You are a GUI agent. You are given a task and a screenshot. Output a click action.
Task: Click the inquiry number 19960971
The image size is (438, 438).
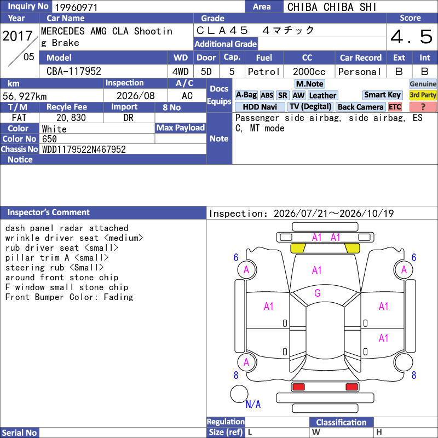tap(76, 7)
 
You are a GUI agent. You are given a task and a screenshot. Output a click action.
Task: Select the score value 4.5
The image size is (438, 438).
tap(412, 37)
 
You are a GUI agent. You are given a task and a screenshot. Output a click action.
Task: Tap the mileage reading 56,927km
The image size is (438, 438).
tap(25, 96)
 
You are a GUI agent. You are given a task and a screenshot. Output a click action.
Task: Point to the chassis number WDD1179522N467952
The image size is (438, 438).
tap(84, 149)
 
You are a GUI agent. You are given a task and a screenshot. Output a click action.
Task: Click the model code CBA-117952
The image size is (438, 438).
tap(74, 71)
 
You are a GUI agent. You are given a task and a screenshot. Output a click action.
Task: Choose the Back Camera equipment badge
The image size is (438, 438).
tap(360, 107)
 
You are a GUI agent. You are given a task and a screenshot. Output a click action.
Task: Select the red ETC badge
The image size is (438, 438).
tap(395, 107)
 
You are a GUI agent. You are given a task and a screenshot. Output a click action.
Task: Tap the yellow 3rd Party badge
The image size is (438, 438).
tap(423, 95)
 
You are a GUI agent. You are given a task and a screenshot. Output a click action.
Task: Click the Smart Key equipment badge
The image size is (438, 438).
tap(382, 95)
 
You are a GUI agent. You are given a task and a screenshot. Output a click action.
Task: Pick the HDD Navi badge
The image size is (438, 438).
tap(260, 107)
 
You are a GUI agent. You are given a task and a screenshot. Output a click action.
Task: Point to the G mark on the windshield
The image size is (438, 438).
tap(318, 293)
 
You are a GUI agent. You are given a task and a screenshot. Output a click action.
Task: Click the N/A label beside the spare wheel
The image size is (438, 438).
tap(253, 404)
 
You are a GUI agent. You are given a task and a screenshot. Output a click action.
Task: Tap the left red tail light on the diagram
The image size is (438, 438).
tap(298, 387)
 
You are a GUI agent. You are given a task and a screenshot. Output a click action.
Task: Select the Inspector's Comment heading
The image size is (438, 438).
tap(49, 212)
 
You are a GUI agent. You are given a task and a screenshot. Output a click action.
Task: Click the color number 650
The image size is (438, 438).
tap(49, 139)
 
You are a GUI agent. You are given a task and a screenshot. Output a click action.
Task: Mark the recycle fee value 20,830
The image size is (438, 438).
tap(71, 118)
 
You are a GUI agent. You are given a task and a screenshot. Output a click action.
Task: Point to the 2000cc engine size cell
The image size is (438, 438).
tap(309, 72)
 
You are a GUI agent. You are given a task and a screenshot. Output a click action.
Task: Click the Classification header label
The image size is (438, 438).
tap(341, 422)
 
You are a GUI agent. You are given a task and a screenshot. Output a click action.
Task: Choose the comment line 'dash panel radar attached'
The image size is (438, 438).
tap(67, 228)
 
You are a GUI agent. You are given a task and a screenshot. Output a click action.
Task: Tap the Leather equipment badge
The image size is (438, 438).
tap(322, 95)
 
